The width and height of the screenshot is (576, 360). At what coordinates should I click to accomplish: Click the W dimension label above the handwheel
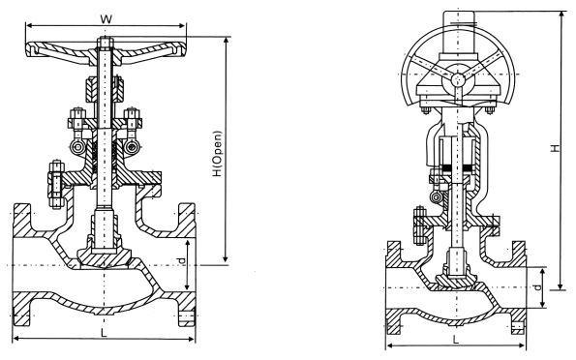point(106,19)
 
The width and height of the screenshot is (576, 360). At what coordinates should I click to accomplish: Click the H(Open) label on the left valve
point(218,154)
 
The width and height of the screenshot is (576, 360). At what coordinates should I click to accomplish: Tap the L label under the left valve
point(104,333)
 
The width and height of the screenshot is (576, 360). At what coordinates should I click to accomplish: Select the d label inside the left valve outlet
point(181,261)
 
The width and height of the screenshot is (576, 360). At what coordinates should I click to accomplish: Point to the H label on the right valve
point(555,148)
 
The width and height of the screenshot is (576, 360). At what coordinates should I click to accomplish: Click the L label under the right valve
point(456,340)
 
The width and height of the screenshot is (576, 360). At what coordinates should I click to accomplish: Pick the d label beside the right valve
point(537,287)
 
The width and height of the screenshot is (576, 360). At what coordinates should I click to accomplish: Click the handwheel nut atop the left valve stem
point(106,42)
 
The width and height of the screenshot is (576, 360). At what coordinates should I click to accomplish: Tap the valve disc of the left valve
point(104,257)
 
